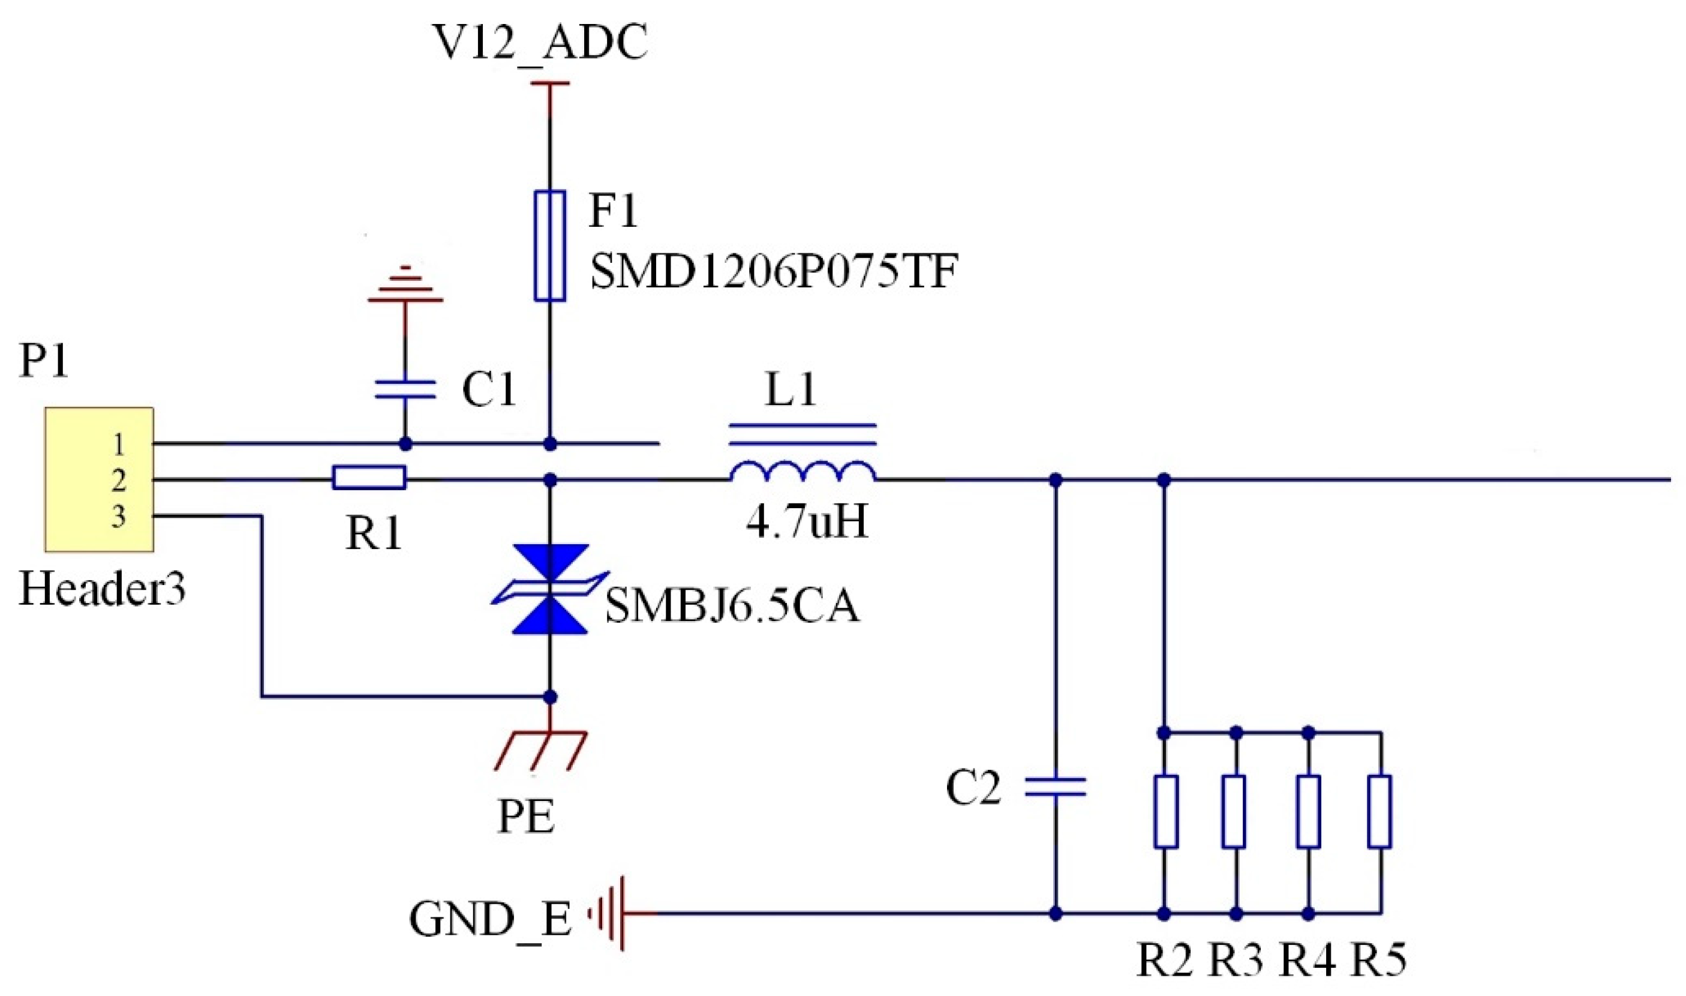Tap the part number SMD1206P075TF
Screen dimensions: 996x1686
click(773, 272)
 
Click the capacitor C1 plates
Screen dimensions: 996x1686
click(405, 389)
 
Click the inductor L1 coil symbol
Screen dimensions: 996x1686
click(803, 471)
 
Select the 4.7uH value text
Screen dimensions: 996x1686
click(807, 522)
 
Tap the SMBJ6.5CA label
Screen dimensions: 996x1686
click(731, 606)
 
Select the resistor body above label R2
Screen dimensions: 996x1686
click(1165, 811)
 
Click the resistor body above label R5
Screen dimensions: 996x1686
click(1380, 811)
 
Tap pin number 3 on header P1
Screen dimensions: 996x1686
click(118, 517)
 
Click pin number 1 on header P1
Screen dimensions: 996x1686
click(118, 445)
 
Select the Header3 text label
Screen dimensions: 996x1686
click(102, 589)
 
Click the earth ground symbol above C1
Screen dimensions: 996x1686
click(405, 289)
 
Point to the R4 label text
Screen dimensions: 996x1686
click(1307, 960)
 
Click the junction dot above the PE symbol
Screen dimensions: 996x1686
click(550, 697)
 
